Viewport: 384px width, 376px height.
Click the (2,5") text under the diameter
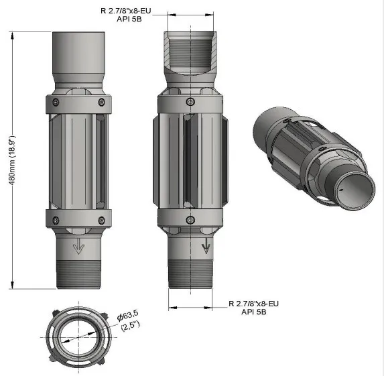click(x=130, y=326)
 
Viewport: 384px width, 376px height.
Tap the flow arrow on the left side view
click(x=79, y=247)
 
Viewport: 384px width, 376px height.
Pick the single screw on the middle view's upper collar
click(x=191, y=103)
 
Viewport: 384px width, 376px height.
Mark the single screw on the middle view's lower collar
click(x=191, y=220)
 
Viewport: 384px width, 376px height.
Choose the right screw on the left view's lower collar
click(x=101, y=219)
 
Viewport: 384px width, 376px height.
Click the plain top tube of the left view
click(x=79, y=54)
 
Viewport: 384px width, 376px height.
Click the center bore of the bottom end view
click(x=78, y=335)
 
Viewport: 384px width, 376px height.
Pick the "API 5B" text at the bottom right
click(x=255, y=312)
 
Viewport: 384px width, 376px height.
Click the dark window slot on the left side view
click(x=101, y=161)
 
